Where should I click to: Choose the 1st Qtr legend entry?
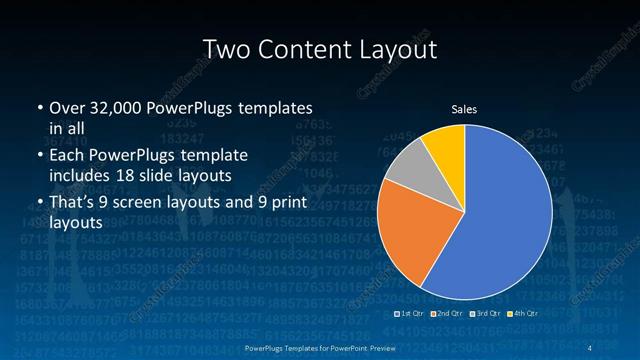pyautogui.click(x=412, y=313)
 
